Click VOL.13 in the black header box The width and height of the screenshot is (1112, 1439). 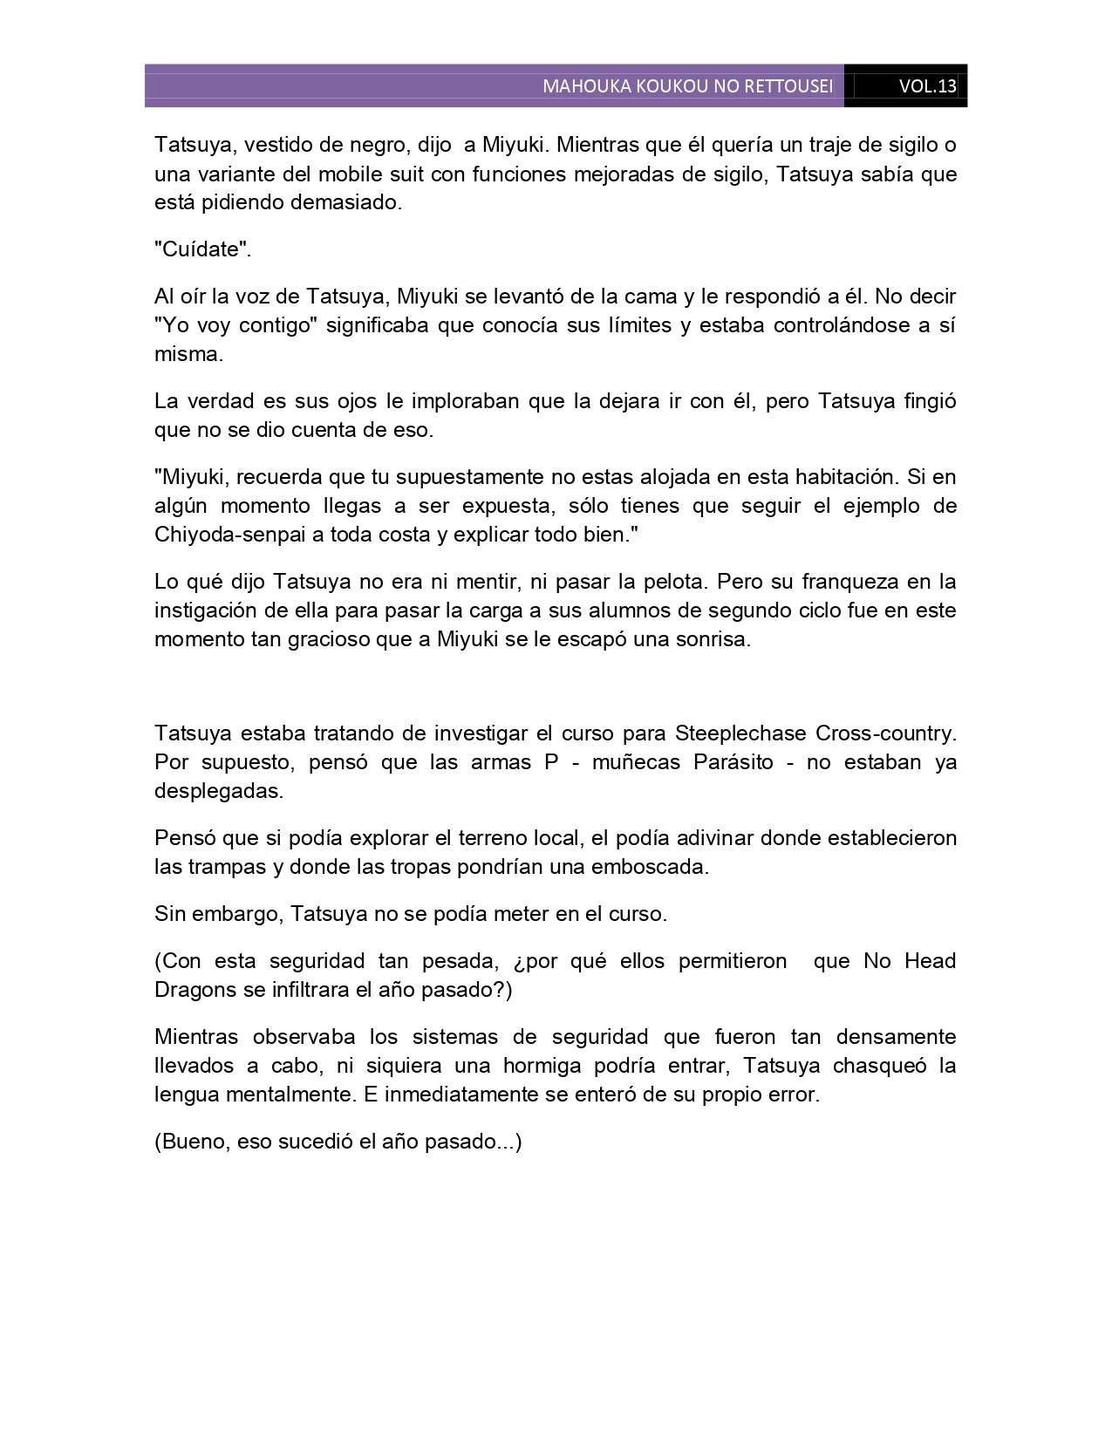pyautogui.click(x=927, y=86)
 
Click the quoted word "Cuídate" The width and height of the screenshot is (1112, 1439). pyautogui.click(x=202, y=249)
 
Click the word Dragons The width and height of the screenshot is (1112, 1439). pyautogui.click(x=194, y=990)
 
